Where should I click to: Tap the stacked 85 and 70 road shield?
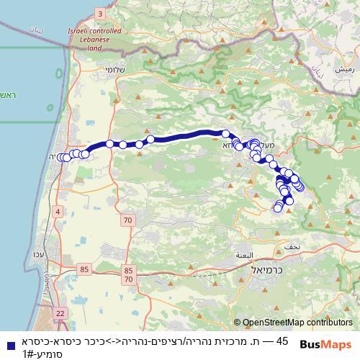tap(128, 274)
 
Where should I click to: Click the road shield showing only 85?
tap(85, 269)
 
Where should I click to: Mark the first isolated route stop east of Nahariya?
tap(109, 143)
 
